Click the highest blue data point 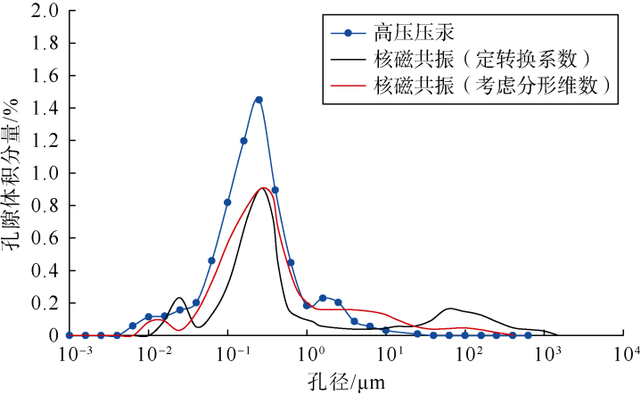259,100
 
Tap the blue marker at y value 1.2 243,141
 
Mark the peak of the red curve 262,188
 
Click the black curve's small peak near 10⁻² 180,298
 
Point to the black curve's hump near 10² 451,309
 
